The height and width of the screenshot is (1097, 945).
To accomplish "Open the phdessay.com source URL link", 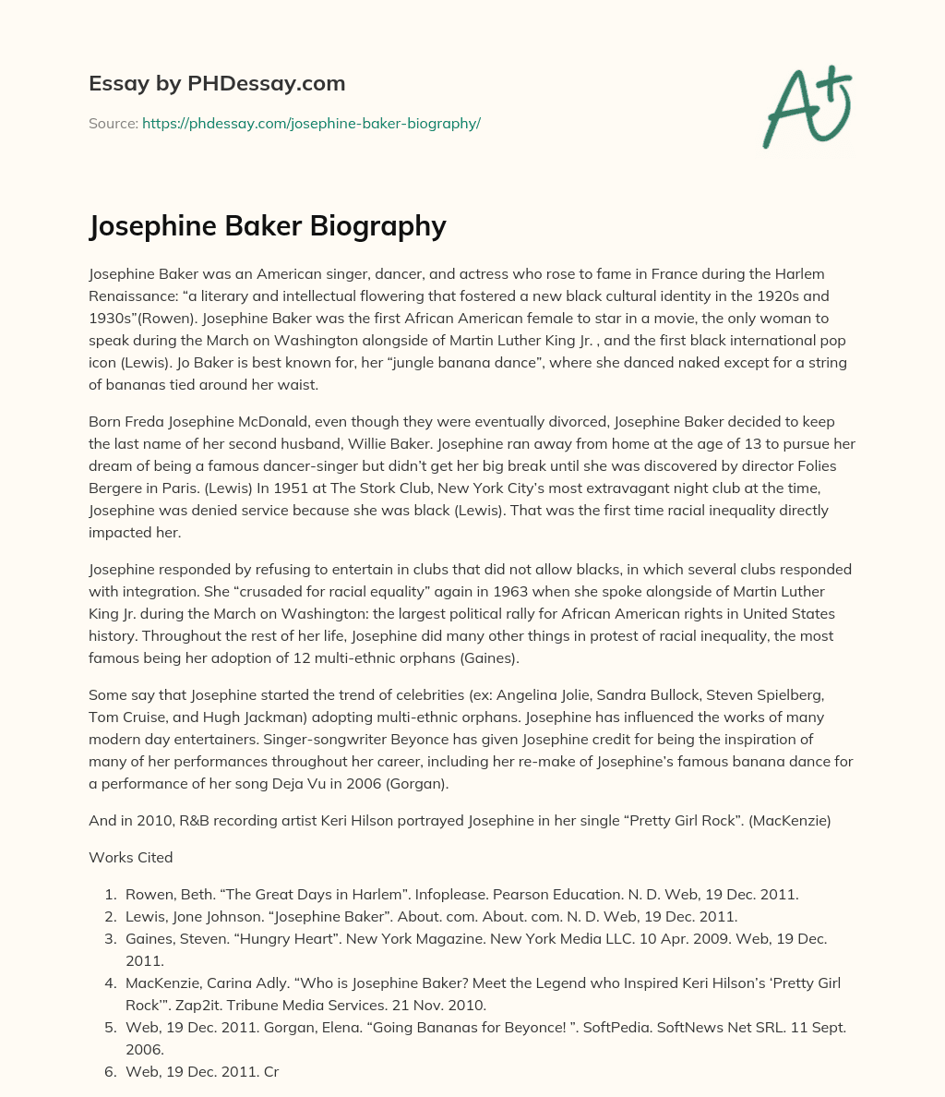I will pos(311,123).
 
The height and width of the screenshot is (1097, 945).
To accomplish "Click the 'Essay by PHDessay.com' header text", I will pos(217,83).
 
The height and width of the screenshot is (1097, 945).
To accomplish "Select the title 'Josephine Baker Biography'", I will pos(268,226).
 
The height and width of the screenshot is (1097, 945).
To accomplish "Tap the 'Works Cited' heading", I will pos(131,857).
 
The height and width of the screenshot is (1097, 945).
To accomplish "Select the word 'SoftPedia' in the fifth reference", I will pos(580,1027).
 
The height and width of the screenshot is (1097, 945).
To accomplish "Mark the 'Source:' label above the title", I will pos(113,123).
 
